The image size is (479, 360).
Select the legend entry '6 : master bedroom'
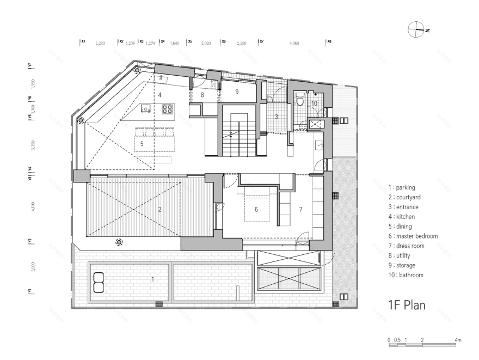pos(413,236)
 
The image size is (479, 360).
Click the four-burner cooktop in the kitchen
pos(167,109)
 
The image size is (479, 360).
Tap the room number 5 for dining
pos(142,144)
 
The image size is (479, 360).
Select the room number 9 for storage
pos(237,92)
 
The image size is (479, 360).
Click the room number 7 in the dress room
pos(299,209)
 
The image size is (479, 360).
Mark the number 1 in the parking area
pos(153,279)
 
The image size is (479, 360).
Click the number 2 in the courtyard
pos(159,209)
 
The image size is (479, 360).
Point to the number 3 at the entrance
pos(276,117)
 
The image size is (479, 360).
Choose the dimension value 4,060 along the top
pos(294,42)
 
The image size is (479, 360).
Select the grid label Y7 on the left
pos(30,65)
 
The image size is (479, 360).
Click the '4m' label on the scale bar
pos(458,340)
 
